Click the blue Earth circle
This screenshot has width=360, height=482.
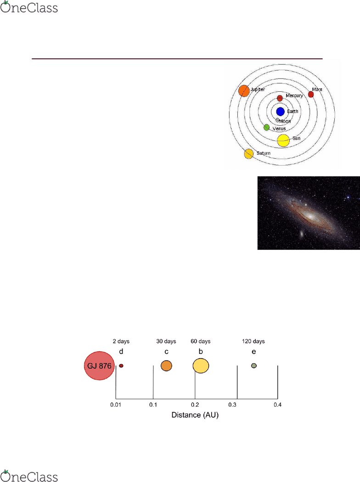[x=281, y=112]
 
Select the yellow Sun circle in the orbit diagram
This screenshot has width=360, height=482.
[x=283, y=140]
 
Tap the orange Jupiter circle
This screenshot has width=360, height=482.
[x=244, y=91]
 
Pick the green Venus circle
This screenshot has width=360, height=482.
[x=266, y=127]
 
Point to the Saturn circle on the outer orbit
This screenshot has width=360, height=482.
[x=249, y=154]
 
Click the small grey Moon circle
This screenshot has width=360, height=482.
[x=278, y=120]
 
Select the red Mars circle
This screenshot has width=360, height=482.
[x=311, y=95]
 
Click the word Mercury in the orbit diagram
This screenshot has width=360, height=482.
[x=294, y=95]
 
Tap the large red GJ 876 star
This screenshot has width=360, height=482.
[x=99, y=366]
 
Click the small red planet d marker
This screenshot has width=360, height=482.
[x=121, y=366]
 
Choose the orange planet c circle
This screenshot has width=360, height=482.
[x=166, y=366]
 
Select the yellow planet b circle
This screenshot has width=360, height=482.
[x=201, y=366]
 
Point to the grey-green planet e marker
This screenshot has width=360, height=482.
[x=253, y=366]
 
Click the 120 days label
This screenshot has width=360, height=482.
[x=253, y=341]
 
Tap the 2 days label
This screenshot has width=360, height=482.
[x=121, y=341]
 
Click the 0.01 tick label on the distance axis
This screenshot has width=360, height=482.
[x=116, y=405]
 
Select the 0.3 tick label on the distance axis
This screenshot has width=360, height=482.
[x=232, y=405]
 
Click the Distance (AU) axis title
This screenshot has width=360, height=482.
[x=195, y=415]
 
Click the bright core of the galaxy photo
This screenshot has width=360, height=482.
[x=310, y=216]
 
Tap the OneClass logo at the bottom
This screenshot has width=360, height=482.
[x=29, y=476]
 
